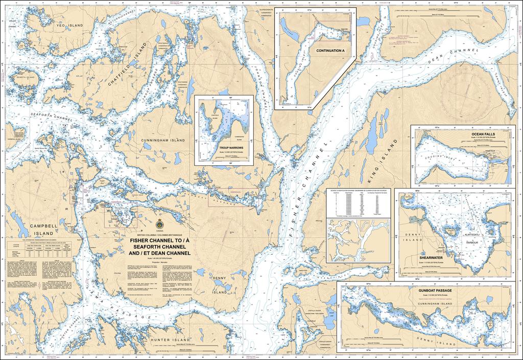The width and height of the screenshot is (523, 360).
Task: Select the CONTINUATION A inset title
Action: click(x=330, y=51)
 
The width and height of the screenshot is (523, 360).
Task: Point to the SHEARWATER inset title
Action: click(x=433, y=258)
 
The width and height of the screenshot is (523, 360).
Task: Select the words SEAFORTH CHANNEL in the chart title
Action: click(x=159, y=247)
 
